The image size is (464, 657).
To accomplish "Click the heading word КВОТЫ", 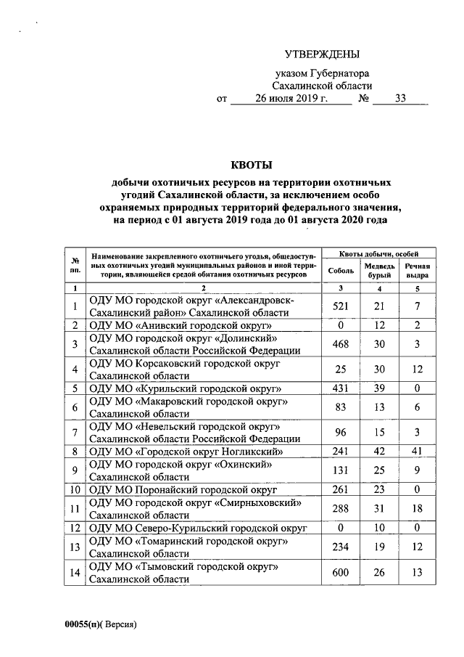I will [x=249, y=165].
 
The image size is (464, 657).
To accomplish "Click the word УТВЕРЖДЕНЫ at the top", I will [x=321, y=54].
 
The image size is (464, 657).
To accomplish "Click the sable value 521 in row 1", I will [x=341, y=306].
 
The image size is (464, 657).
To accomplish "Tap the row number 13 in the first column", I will [x=75, y=547].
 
